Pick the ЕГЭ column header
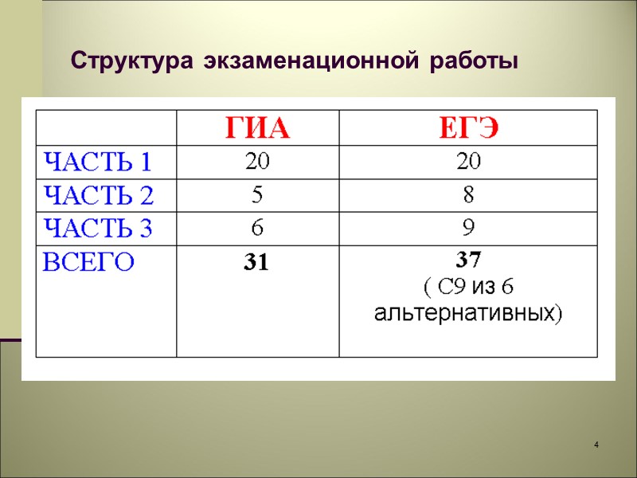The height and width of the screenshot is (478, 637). [x=468, y=127]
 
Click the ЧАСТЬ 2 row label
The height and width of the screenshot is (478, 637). [x=97, y=196]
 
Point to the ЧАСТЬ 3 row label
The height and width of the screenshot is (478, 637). [x=97, y=229]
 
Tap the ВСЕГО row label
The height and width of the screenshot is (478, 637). [x=88, y=263]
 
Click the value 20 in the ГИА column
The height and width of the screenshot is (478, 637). [x=257, y=162]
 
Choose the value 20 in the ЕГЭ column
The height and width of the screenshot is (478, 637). [x=468, y=162]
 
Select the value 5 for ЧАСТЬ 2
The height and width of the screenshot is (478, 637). [x=257, y=195]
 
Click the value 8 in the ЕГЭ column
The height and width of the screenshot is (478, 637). [x=468, y=195]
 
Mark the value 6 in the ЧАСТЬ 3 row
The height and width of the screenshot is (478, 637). [x=257, y=229]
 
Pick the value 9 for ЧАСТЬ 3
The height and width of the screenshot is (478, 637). [x=468, y=229]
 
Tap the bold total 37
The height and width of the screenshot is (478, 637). [x=468, y=259]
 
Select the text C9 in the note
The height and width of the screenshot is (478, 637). [x=446, y=286]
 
